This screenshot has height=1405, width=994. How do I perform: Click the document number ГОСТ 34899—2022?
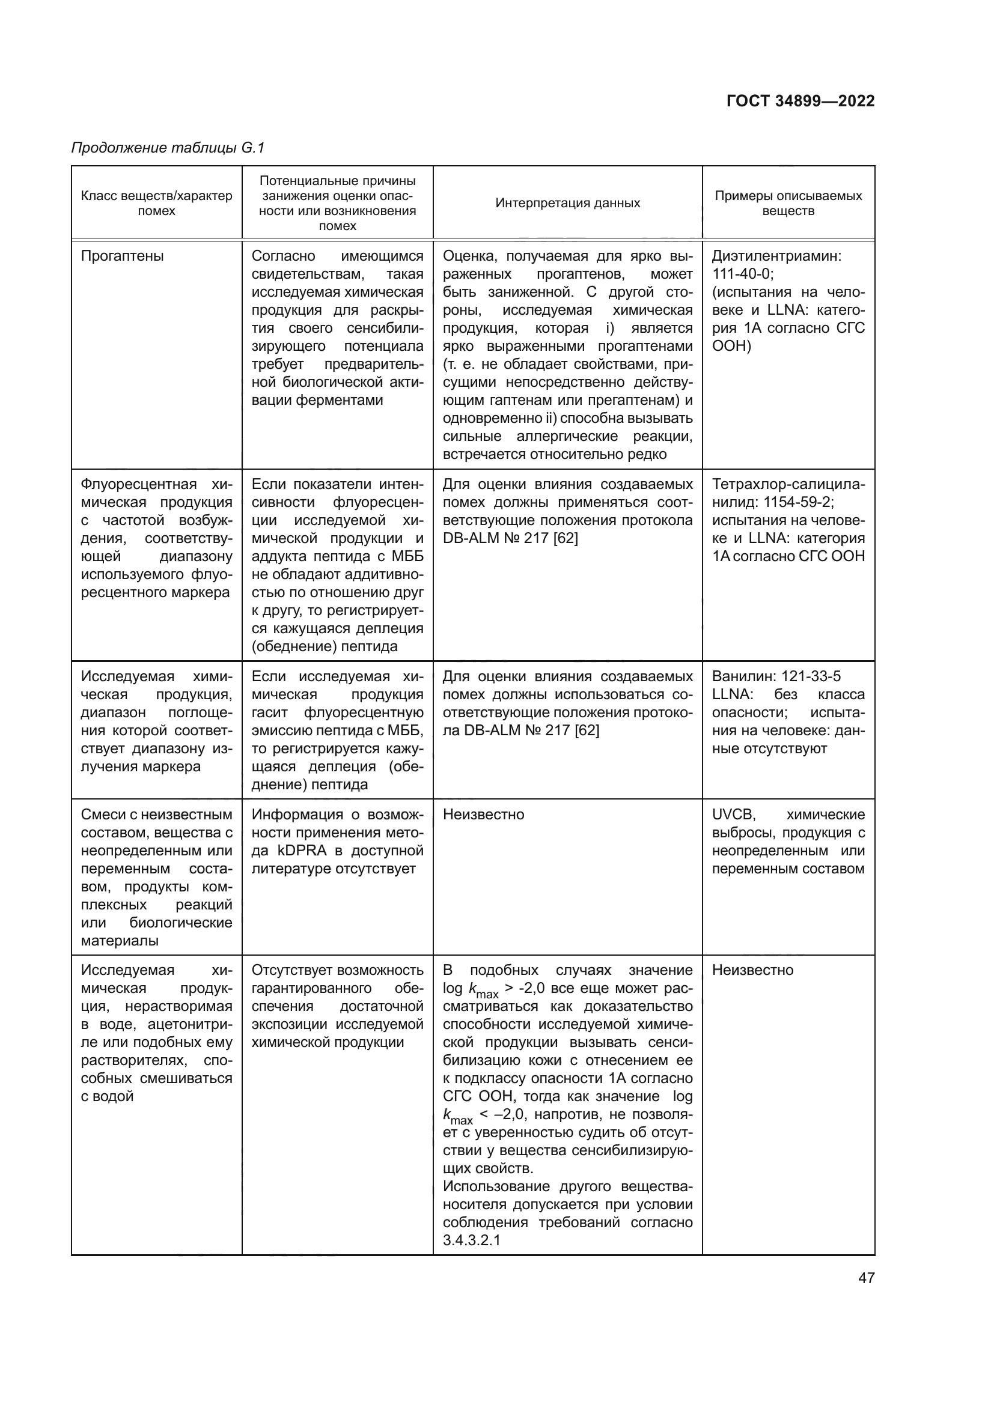pos(800,101)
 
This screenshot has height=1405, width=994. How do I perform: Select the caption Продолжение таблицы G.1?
pos(168,148)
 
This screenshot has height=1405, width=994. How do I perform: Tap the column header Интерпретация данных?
pos(567,203)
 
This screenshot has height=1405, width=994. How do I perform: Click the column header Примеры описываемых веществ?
pos(788,203)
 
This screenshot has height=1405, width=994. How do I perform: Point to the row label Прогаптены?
pos(123,256)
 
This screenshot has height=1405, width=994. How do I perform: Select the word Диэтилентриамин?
pos(776,256)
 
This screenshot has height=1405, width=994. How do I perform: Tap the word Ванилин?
pos(734,676)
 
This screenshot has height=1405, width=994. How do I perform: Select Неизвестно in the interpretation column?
pos(484,815)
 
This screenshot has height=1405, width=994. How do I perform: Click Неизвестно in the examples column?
pos(752,970)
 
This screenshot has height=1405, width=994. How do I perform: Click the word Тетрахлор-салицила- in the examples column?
pos(788,485)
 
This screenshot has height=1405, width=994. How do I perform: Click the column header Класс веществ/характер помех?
pos(157,203)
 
